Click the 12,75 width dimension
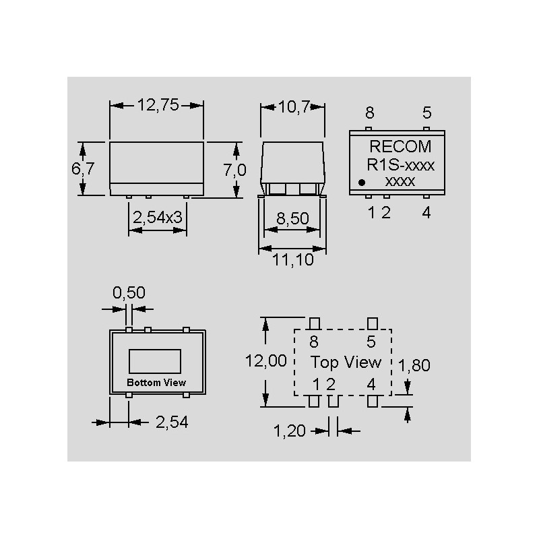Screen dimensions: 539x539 (x=157, y=105)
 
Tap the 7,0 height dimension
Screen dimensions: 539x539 (x=234, y=170)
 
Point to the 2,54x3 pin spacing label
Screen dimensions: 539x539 (x=158, y=217)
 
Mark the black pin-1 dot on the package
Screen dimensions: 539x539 (x=362, y=182)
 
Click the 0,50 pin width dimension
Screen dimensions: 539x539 (x=128, y=292)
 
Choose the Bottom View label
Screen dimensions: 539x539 (x=156, y=383)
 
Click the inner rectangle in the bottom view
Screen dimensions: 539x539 (x=156, y=360)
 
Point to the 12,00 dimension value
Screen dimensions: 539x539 (x=265, y=361)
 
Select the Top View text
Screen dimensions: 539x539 (x=345, y=362)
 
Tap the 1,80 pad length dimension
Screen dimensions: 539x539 (x=414, y=366)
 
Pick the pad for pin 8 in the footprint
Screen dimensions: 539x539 (x=314, y=323)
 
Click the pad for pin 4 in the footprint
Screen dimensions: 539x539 (x=372, y=402)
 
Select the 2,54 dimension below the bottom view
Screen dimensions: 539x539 (x=171, y=422)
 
